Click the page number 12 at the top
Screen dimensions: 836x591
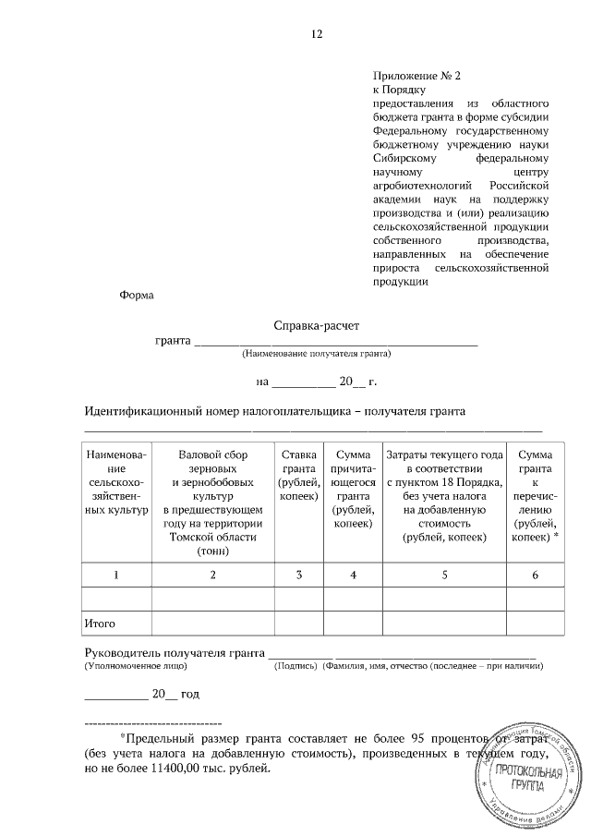[317, 34]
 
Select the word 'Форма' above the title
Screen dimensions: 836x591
[137, 296]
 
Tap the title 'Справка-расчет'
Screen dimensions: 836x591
[317, 326]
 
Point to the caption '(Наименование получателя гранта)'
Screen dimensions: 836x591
[317, 354]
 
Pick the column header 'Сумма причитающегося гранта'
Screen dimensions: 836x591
[353, 489]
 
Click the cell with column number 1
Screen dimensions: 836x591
[115, 575]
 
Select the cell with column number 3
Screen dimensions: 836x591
[299, 575]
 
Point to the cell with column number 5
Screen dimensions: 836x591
[444, 575]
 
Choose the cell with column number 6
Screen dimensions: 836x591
[536, 575]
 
